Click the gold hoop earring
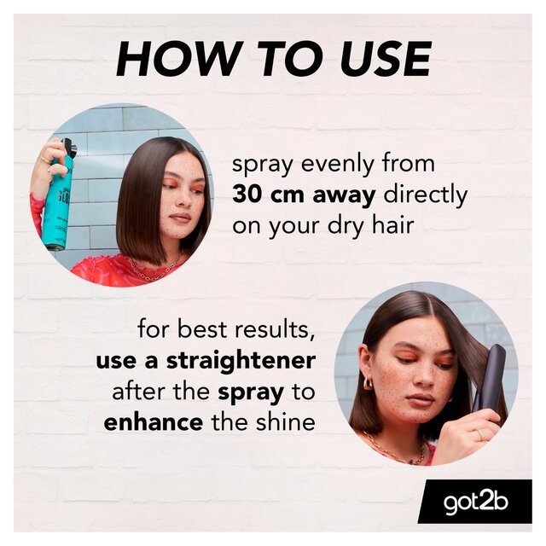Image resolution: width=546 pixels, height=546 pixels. click(369, 384)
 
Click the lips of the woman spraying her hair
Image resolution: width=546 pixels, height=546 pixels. click(179, 218)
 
